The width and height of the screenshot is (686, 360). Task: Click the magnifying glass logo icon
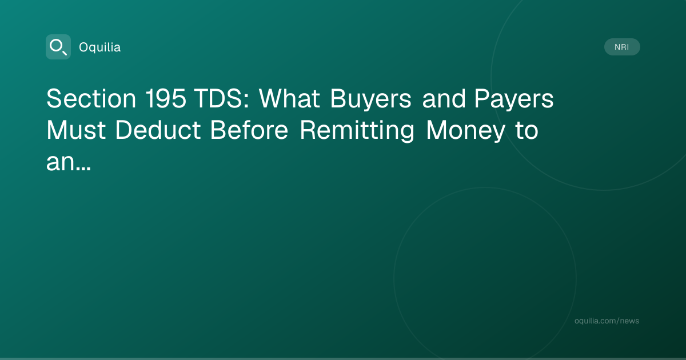click(58, 47)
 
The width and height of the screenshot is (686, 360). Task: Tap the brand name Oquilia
click(100, 47)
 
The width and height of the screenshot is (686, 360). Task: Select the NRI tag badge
click(622, 47)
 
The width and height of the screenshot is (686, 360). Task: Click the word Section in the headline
click(91, 98)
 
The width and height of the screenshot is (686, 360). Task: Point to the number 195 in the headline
click(166, 98)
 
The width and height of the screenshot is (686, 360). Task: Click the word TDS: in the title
click(222, 98)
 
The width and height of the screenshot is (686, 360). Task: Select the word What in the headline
click(289, 98)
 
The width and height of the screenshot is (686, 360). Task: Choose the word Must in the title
click(76, 130)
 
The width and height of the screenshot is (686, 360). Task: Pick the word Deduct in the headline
click(158, 130)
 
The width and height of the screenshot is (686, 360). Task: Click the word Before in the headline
click(249, 130)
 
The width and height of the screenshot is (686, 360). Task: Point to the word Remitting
click(357, 131)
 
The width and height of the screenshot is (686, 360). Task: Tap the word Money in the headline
click(465, 131)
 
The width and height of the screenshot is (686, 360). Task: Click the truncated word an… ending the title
click(69, 162)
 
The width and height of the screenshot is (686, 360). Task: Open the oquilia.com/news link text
click(607, 321)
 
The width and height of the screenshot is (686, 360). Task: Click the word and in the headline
click(444, 98)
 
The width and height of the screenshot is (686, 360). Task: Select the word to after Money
click(527, 131)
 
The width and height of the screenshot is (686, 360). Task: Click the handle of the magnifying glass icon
click(65, 53)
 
